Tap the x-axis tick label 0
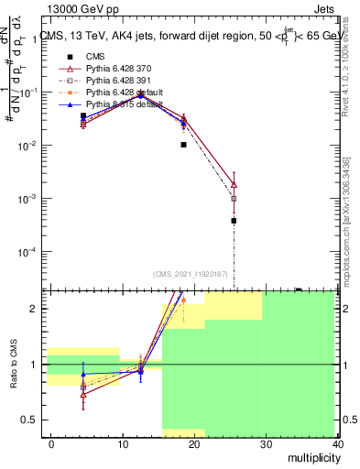point(51,444)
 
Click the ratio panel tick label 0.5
point(31,420)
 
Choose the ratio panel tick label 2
point(35,309)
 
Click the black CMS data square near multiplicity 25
point(234,221)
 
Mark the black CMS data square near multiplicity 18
point(183,145)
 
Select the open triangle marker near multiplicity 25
point(234,184)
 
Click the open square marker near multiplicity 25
point(234,198)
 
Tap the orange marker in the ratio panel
point(183,300)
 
